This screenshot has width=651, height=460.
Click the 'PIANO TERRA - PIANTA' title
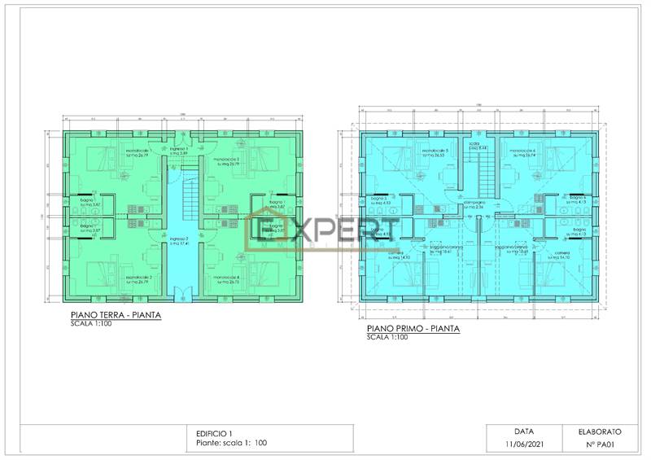point(114,314)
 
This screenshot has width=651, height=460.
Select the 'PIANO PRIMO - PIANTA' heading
point(413,329)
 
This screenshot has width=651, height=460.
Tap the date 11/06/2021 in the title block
point(523,444)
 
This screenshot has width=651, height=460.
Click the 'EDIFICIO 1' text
point(215,432)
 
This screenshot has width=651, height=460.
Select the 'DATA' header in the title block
point(523,431)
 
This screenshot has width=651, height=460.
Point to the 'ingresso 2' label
point(179,240)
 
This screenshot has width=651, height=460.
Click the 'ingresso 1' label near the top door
point(179,151)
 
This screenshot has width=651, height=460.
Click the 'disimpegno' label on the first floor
point(475,205)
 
